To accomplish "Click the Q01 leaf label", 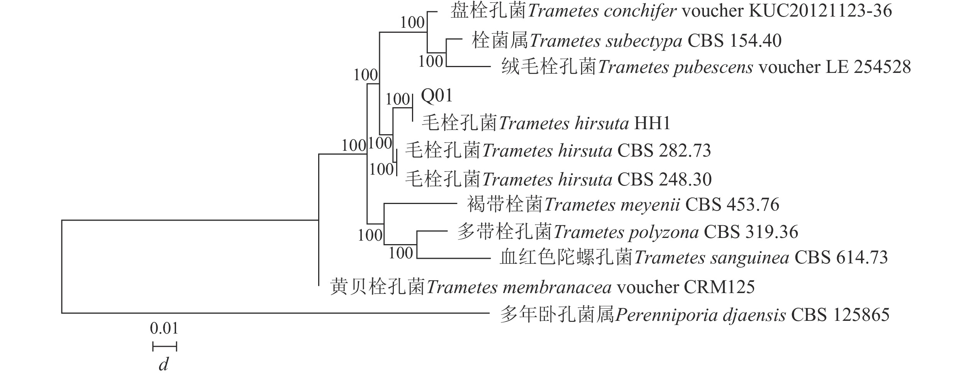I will [x=436, y=96].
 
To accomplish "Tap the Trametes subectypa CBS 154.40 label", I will [x=626, y=41].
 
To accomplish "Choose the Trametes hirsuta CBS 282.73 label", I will [x=558, y=151].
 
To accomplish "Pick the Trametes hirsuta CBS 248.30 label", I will [x=558, y=179].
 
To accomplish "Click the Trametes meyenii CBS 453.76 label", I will [x=623, y=205].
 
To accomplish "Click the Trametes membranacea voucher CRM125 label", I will [x=542, y=288].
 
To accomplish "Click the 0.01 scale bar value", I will [x=164, y=329].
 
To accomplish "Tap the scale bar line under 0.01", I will [x=165, y=346].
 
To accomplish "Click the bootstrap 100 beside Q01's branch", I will [x=398, y=99].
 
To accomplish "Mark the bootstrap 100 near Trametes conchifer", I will [x=412, y=23].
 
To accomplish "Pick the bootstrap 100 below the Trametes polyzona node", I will [x=401, y=253].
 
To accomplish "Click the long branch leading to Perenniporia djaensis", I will [x=270, y=313].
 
